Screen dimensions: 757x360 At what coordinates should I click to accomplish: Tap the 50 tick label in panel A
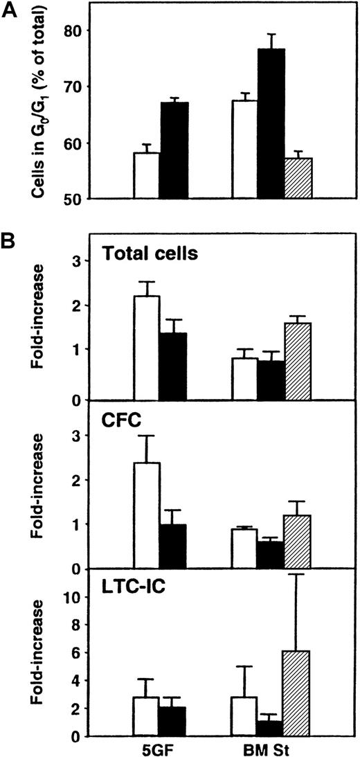(x=72, y=199)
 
